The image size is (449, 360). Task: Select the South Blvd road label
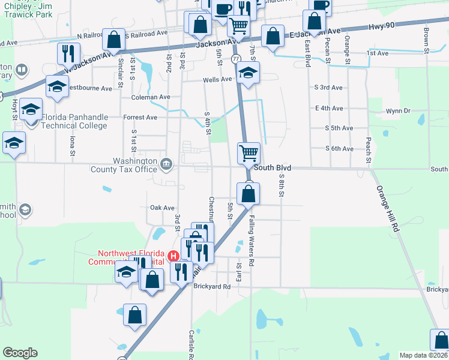[x=272, y=168]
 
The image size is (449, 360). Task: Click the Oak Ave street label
[x=162, y=208]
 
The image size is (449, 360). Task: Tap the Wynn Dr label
[x=398, y=111]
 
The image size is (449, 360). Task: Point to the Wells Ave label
[x=217, y=79]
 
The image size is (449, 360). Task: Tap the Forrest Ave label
[x=140, y=118]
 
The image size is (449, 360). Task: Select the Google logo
[x=20, y=353]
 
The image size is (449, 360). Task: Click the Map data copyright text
[x=424, y=355]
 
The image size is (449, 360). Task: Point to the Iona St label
[x=73, y=146]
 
